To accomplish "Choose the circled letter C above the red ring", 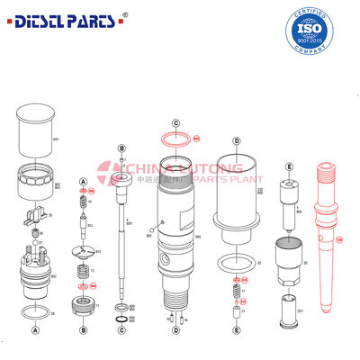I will pyautogui.click(x=177, y=122).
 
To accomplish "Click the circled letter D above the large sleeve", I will pyautogui.click(x=236, y=141).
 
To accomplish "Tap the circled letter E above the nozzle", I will pyautogui.click(x=289, y=166).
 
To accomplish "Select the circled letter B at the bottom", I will pyautogui.click(x=83, y=329).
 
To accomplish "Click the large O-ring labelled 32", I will pyautogui.click(x=236, y=262).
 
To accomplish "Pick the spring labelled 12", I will pyautogui.click(x=83, y=272).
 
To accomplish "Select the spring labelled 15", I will pyautogui.click(x=83, y=205).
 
